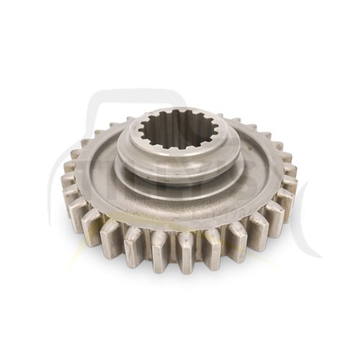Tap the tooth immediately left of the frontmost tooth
coord(158,247)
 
